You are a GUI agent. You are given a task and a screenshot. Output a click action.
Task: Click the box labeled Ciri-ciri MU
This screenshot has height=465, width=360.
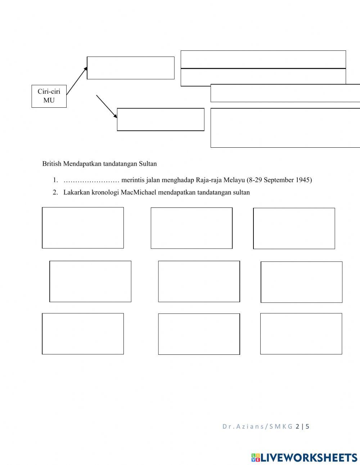click(x=49, y=96)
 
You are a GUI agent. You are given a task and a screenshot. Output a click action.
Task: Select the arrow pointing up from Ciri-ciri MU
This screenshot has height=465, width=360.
click(x=77, y=81)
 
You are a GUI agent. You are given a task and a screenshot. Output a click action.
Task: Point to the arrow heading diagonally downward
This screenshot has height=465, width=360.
click(x=107, y=107)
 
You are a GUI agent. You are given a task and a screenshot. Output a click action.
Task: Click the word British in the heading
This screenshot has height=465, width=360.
click(x=52, y=164)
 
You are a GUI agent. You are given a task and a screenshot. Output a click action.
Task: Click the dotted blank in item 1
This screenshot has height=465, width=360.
click(x=91, y=180)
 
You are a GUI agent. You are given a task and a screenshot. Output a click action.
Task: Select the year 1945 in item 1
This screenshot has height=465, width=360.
click(x=304, y=180)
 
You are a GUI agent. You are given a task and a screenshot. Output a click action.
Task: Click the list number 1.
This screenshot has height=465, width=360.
click(x=55, y=180)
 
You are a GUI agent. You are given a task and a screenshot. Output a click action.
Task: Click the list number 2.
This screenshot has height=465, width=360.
click(x=55, y=192)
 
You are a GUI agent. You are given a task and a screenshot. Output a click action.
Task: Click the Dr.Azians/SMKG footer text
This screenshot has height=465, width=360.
click(x=257, y=426)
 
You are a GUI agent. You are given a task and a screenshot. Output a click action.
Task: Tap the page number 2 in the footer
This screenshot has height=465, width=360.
click(x=297, y=426)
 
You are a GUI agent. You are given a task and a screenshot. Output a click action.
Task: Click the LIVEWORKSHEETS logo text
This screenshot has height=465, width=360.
click(x=309, y=457)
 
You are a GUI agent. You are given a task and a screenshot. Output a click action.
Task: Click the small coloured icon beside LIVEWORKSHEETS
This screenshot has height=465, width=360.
click(x=256, y=457)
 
